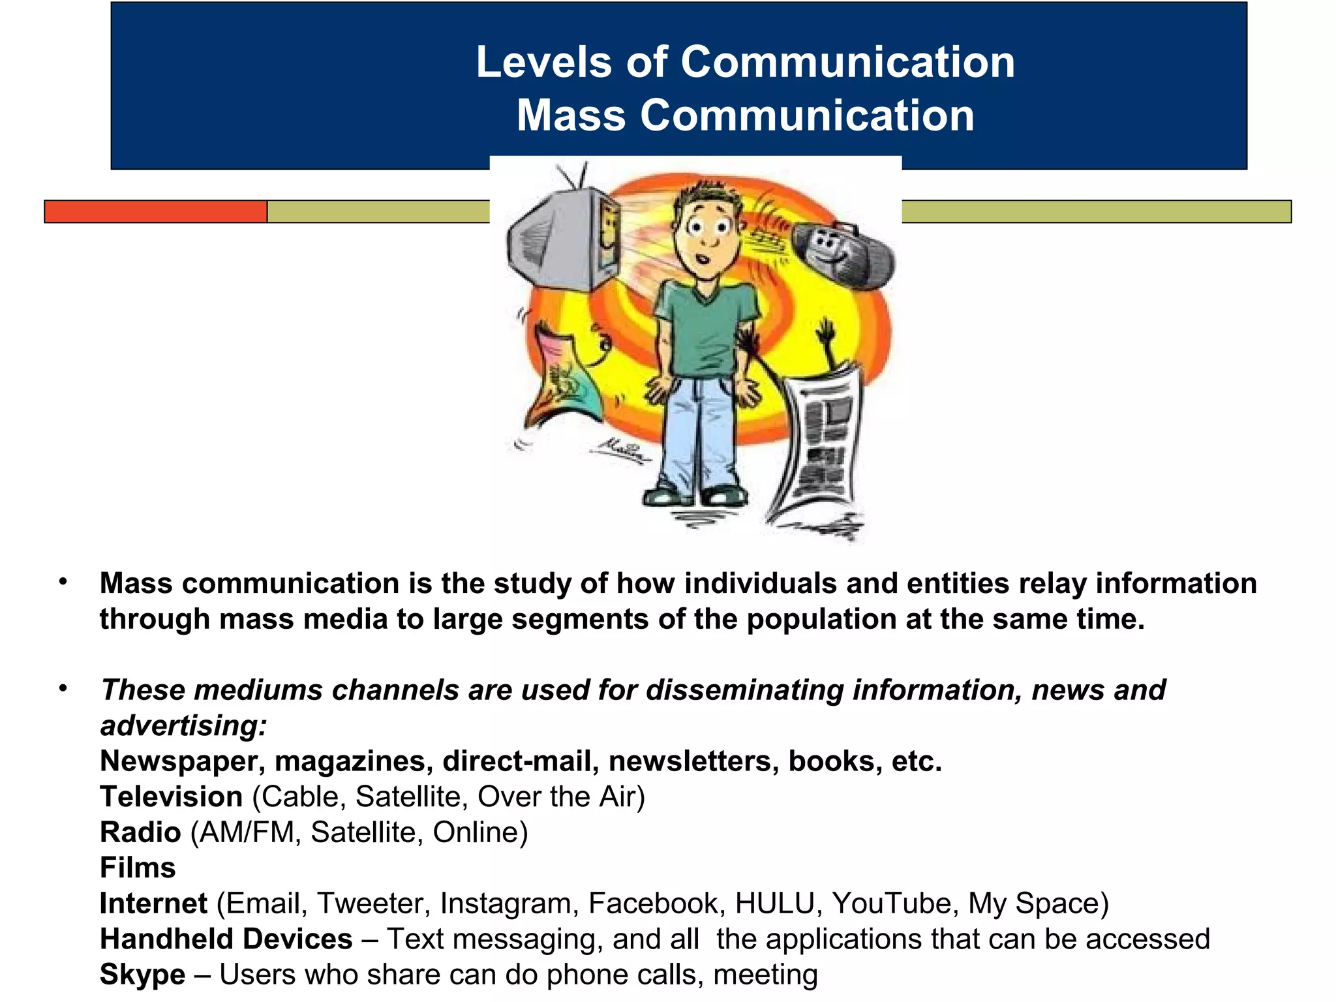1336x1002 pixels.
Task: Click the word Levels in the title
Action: [544, 63]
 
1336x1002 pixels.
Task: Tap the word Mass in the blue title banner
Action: [571, 115]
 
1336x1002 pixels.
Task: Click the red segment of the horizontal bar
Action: [155, 211]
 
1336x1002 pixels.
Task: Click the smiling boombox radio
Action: [842, 254]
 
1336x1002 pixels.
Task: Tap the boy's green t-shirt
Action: [706, 326]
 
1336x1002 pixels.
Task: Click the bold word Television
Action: [171, 797]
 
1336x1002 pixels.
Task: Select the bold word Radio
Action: [140, 832]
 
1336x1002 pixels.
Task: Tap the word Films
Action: [138, 868]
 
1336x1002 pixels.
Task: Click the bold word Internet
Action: [153, 903]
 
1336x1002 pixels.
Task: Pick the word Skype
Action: [142, 975]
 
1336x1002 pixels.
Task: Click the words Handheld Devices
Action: [226, 939]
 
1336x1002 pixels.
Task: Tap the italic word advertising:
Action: [183, 725]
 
